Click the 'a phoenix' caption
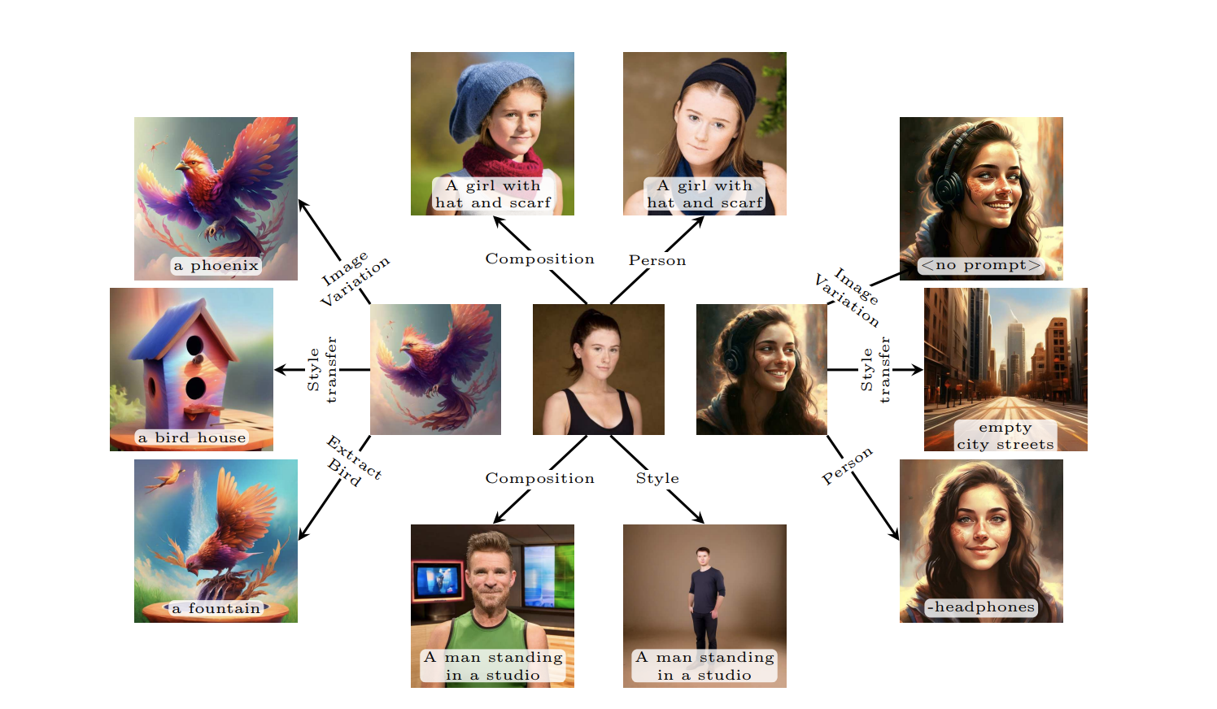click(x=216, y=266)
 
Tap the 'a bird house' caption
click(x=192, y=437)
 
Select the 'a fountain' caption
click(x=216, y=608)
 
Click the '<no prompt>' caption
click(x=980, y=265)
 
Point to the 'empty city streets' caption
click(x=1005, y=436)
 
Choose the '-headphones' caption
click(x=981, y=607)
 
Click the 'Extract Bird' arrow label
click(x=354, y=460)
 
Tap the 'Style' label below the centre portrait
click(x=657, y=478)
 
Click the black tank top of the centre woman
click(x=598, y=414)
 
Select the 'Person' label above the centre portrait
click(x=657, y=260)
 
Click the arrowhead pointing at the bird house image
click(x=279, y=370)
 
